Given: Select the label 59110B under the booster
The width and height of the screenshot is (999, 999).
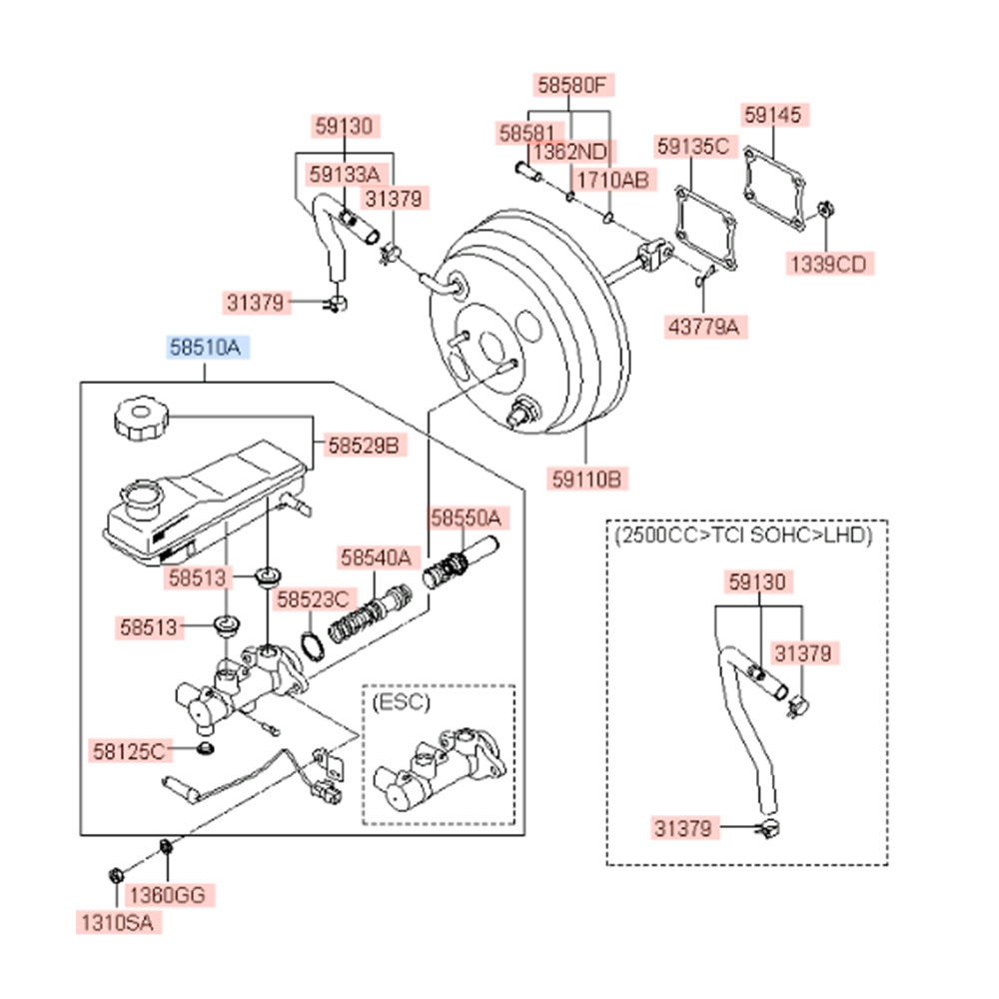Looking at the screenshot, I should [x=587, y=480].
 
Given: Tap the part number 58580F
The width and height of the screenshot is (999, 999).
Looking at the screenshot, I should [x=571, y=86].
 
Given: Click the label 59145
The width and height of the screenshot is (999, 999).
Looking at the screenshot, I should [x=772, y=116].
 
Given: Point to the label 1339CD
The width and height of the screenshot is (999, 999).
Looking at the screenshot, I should [x=827, y=264].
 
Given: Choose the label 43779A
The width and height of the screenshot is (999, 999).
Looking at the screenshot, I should [x=708, y=325].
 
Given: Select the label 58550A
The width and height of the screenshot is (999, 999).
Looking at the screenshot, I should [x=465, y=517].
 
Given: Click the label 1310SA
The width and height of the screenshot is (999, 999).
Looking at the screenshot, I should [x=117, y=924].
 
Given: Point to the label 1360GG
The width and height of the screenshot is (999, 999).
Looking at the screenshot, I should [x=168, y=895].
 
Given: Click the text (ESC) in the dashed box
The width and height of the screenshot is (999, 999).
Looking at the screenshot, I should [x=402, y=701].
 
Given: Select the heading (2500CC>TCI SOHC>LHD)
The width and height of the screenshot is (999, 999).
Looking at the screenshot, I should [x=745, y=535].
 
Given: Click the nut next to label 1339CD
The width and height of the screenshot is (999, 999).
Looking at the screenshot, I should [x=827, y=211].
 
